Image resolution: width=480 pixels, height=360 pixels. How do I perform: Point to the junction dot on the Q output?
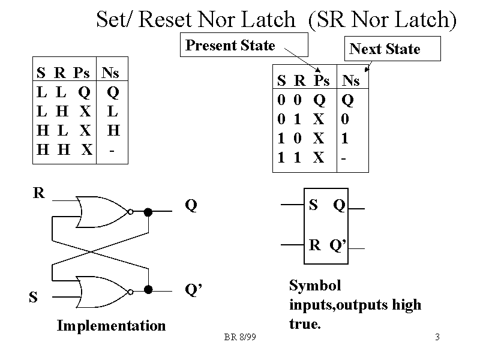148,211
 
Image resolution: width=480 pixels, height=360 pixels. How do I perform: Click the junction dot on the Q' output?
148,290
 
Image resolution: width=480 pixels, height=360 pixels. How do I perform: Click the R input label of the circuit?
39,193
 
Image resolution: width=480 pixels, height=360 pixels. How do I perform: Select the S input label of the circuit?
34,296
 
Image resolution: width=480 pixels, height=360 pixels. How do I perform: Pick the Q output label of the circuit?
191,206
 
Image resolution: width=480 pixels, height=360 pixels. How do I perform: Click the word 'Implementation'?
111,326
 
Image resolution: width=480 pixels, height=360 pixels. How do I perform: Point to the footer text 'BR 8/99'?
240,338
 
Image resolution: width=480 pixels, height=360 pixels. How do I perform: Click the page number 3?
437,337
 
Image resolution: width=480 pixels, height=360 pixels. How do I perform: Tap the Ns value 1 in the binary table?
344,139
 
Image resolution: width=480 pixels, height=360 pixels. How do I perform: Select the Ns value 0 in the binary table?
344,119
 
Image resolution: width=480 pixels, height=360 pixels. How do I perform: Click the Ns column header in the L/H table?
110,73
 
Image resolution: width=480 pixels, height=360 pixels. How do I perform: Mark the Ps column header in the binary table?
322,80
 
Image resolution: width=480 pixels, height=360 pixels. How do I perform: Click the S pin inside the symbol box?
313,206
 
